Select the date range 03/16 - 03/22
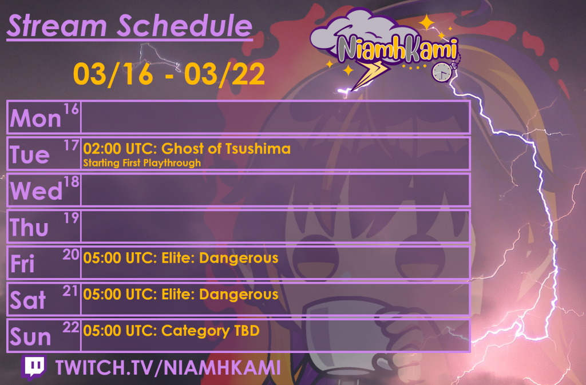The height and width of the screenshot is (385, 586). pyautogui.click(x=169, y=74)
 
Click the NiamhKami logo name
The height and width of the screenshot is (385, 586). pyautogui.click(x=397, y=49)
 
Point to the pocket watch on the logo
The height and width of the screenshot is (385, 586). pyautogui.click(x=441, y=71)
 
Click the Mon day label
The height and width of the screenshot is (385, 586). pyautogui.click(x=35, y=118)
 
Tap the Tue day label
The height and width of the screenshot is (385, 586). pyautogui.click(x=30, y=155)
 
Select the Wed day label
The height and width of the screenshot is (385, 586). pyautogui.click(x=36, y=192)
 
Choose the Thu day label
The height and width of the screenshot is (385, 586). pyautogui.click(x=30, y=228)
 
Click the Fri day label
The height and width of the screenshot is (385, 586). pyautogui.click(x=23, y=264)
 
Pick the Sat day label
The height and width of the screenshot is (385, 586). pyautogui.click(x=27, y=301)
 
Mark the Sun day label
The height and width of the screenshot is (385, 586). pyautogui.click(x=30, y=338)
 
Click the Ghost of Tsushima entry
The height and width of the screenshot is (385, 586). pyautogui.click(x=187, y=149)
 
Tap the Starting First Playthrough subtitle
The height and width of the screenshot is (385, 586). pyautogui.click(x=142, y=163)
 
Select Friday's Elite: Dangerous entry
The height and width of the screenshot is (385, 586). pyautogui.click(x=181, y=258)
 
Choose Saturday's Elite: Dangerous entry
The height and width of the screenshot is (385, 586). pyautogui.click(x=181, y=295)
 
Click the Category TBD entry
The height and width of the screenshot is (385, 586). pyautogui.click(x=171, y=331)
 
